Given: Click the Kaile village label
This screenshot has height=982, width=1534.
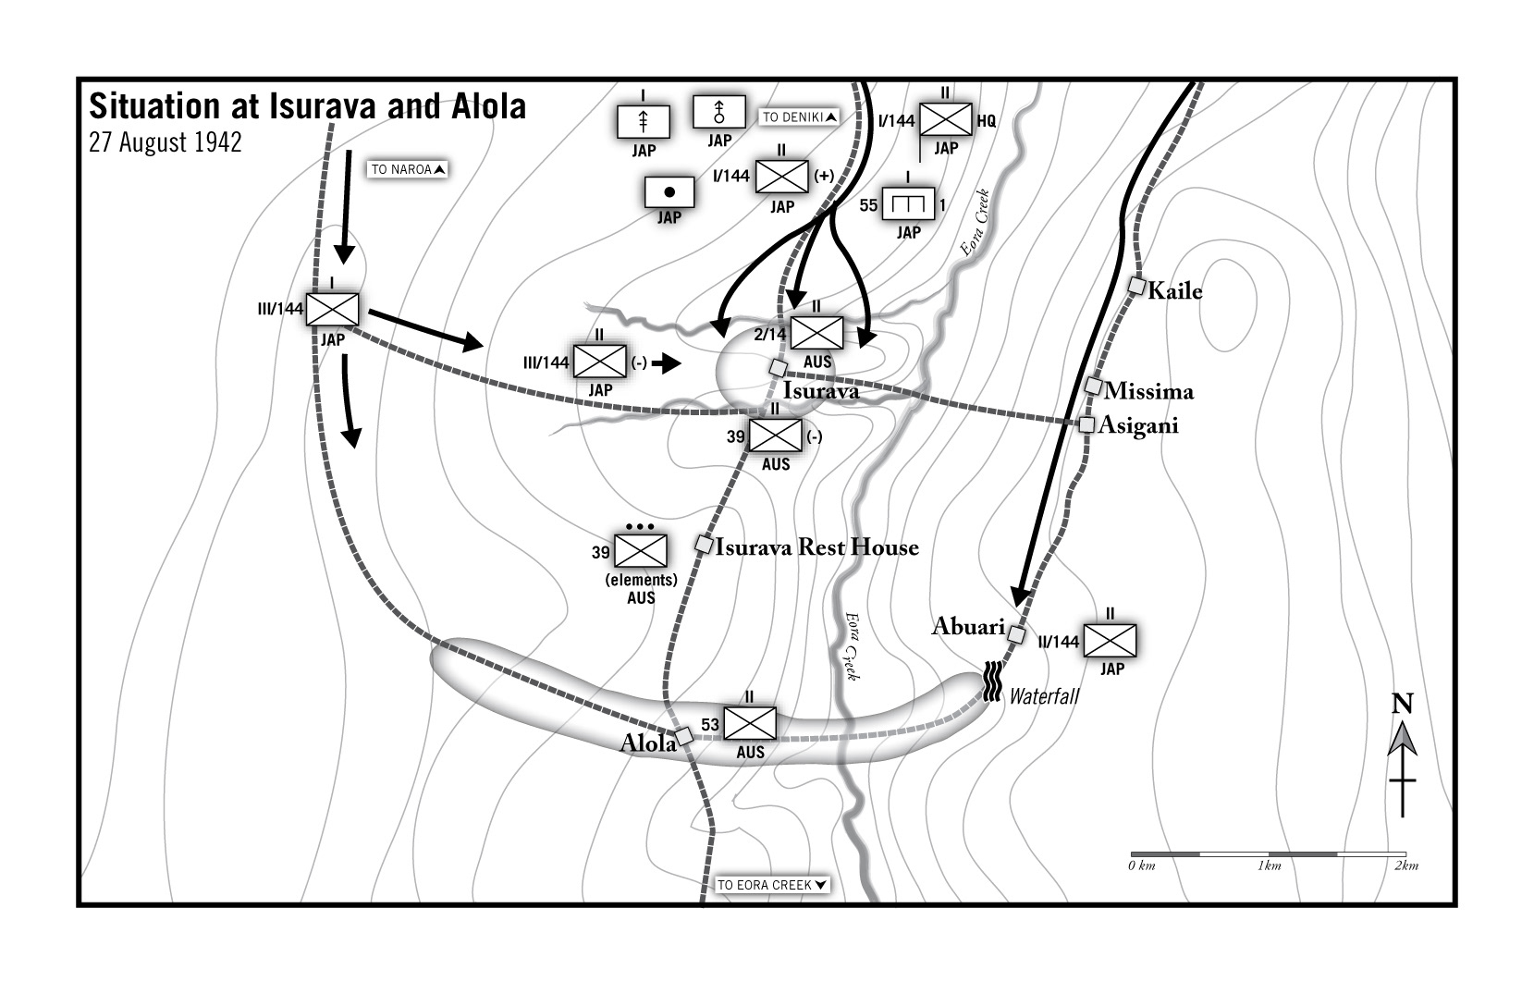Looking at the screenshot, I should click(1174, 291).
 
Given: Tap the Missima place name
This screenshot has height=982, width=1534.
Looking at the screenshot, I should click(1148, 391).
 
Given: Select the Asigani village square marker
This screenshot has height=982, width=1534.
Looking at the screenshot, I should click(1086, 424).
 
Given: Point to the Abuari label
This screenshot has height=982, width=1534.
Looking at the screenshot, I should click(967, 627).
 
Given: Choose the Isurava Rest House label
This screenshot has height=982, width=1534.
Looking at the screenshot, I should click(817, 547).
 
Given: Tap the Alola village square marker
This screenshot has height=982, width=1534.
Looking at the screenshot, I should click(684, 736).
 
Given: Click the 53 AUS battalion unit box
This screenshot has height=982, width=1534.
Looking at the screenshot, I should click(749, 723).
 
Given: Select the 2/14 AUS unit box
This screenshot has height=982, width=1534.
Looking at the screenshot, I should click(817, 333).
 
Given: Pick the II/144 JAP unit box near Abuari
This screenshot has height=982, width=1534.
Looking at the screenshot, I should click(1110, 640).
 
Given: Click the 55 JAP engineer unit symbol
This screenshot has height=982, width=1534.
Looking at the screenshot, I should click(909, 204).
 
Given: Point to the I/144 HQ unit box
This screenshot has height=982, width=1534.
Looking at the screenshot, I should click(946, 119).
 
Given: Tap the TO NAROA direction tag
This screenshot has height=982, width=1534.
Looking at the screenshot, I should click(409, 169).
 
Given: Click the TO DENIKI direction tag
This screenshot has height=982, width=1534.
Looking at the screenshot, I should click(800, 117).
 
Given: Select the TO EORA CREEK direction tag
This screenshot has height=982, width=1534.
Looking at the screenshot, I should click(772, 885).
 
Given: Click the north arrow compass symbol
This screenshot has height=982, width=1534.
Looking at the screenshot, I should click(1403, 758).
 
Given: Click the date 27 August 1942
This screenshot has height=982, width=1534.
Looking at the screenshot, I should click(166, 143).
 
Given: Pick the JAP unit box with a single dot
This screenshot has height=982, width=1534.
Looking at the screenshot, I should click(669, 192).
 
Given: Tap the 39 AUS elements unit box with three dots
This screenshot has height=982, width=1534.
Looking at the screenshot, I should click(641, 552).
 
